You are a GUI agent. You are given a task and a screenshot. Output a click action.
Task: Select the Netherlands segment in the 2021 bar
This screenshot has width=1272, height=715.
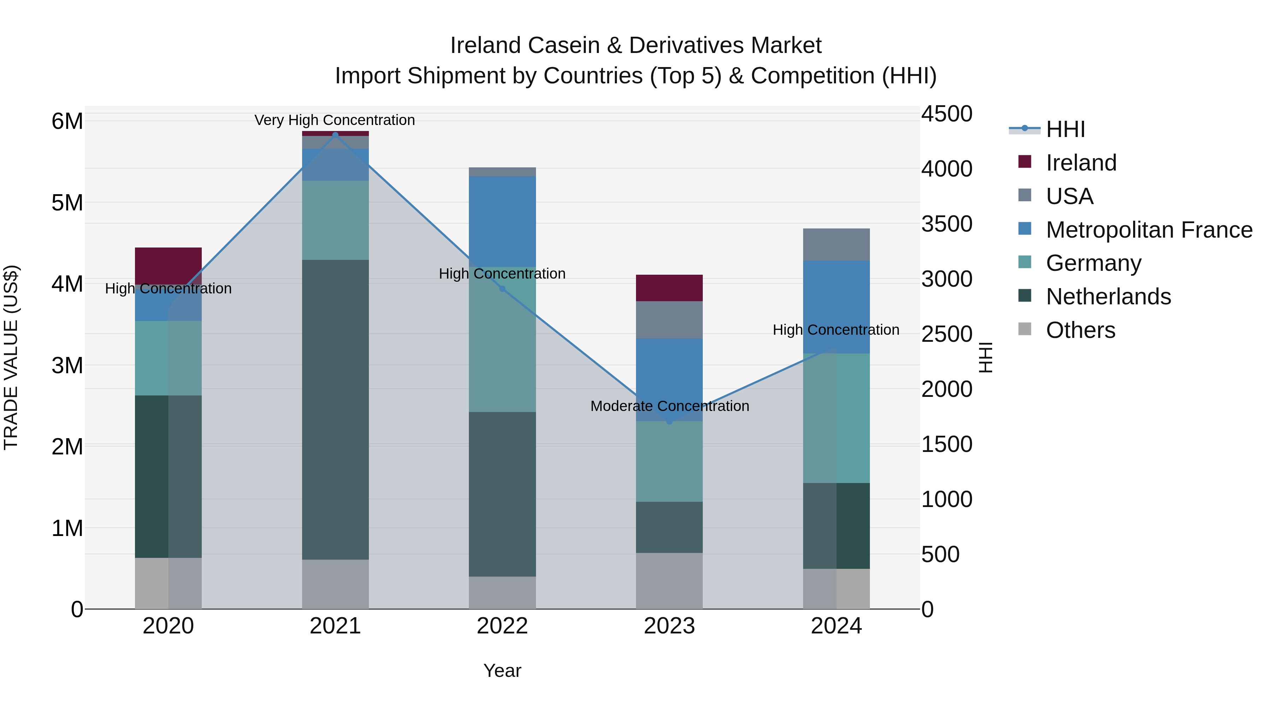coord(335,410)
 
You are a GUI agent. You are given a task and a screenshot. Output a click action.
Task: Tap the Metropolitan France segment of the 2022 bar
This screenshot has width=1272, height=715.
coord(502,221)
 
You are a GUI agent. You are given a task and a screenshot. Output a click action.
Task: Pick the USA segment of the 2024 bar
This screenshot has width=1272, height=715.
coord(836,244)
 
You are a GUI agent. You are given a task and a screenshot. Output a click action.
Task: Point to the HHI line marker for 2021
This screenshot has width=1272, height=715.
coord(335,135)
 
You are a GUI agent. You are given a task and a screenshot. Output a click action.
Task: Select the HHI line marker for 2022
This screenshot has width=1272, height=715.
coord(502,289)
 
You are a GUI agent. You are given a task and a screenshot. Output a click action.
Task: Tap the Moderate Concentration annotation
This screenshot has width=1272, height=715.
coord(670,406)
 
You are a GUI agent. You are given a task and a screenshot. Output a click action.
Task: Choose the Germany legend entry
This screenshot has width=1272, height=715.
coord(1093,263)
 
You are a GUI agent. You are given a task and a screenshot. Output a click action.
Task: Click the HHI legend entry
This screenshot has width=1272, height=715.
coord(1065,129)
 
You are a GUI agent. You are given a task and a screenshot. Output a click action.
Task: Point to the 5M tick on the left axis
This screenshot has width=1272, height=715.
coord(67,203)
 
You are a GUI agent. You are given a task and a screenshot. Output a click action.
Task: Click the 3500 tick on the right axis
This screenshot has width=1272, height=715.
coord(947,224)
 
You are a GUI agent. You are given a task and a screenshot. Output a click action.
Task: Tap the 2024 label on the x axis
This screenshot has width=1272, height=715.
coord(836,626)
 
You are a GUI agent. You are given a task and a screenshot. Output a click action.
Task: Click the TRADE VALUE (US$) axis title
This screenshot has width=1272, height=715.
coord(11,357)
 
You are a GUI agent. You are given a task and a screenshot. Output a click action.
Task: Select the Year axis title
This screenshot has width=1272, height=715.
coord(502,671)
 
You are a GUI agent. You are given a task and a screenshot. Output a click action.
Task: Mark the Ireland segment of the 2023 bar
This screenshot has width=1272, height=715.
coord(669,288)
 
